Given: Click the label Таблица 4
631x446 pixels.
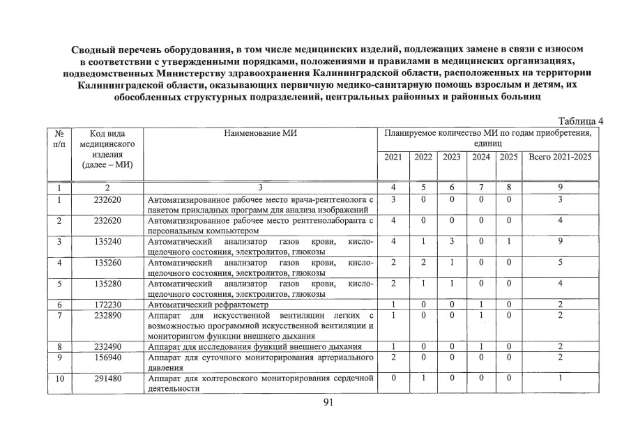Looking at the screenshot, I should (x=580, y=121).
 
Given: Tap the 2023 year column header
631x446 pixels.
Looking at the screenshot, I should (x=452, y=157).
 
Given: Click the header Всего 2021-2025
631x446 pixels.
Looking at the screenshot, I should (x=560, y=157).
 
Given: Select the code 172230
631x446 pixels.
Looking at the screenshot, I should (x=107, y=305).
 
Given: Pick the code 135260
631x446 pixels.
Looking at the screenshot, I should (x=107, y=263).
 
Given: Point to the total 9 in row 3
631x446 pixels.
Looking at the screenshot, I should (x=560, y=242).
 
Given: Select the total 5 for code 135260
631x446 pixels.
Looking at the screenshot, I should (x=560, y=263).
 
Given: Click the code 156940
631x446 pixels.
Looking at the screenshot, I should (x=107, y=357).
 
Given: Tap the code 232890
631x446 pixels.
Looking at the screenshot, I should (x=107, y=315).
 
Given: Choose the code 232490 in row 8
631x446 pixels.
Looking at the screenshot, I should (x=107, y=346).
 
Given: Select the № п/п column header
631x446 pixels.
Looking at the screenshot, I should (x=59, y=138).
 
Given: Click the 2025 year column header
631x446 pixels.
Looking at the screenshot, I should (x=509, y=157).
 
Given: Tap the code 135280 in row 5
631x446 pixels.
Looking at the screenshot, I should (x=107, y=284).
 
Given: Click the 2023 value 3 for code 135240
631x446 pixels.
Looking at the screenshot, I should (x=452, y=242).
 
